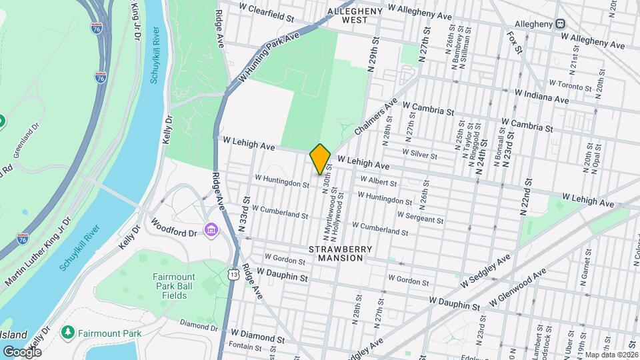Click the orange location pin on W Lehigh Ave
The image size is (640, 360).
[x=320, y=159]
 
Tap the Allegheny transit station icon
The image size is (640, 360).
[x=561, y=23]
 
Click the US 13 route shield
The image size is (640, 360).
[x=233, y=274]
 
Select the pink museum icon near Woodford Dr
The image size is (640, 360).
[x=212, y=231]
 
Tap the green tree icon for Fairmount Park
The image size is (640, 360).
[x=67, y=331]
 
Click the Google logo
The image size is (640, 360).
[x=21, y=351]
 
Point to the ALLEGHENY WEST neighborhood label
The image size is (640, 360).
[x=355, y=15]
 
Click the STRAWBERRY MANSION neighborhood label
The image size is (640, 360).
[x=337, y=253]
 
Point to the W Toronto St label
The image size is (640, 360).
[x=570, y=85]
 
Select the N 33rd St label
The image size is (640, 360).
[x=243, y=214]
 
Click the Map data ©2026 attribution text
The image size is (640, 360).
[x=611, y=355]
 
